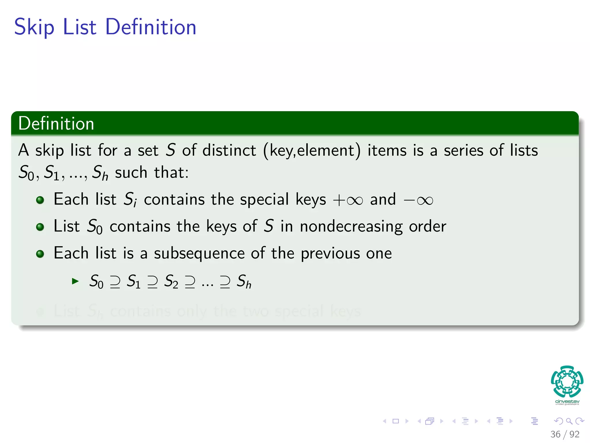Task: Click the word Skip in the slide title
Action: (x=34, y=27)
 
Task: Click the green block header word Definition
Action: (x=56, y=123)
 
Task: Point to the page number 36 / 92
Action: (x=565, y=434)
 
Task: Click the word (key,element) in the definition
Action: (x=312, y=151)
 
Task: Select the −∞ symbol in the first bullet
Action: (x=418, y=200)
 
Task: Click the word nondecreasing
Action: (x=351, y=226)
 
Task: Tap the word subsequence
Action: (x=199, y=254)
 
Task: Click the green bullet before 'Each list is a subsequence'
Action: (x=40, y=254)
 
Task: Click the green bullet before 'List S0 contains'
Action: (x=40, y=227)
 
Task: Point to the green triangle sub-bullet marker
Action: (x=75, y=281)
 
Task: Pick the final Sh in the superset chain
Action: (x=244, y=281)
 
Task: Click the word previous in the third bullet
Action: (x=330, y=254)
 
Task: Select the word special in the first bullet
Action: (x=264, y=200)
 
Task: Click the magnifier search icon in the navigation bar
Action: (x=569, y=421)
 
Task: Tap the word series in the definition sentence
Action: (x=463, y=151)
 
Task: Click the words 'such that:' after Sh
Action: (x=152, y=173)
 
